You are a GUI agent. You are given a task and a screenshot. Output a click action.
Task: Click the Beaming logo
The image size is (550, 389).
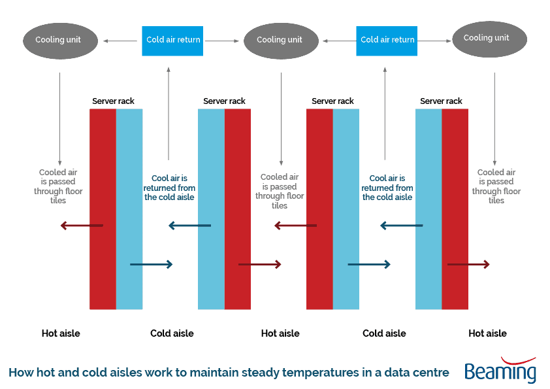click(500, 371)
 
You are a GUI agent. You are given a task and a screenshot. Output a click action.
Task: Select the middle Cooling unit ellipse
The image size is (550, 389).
click(280, 40)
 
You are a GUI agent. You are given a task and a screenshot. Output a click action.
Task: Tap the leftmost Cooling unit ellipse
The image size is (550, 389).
click(58, 40)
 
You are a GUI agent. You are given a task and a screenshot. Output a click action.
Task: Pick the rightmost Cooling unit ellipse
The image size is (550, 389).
click(489, 38)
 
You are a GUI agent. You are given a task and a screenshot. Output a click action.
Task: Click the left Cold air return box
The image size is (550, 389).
click(173, 40)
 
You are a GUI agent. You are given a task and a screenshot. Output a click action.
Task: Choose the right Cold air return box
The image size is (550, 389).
click(387, 40)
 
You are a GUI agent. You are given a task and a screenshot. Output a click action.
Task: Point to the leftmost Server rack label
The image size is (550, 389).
click(113, 101)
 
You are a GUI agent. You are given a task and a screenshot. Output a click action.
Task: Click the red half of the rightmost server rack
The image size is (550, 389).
click(455, 209)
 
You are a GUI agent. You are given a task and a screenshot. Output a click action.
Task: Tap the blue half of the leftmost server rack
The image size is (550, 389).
click(129, 209)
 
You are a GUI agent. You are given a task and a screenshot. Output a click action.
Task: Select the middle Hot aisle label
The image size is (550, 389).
click(280, 333)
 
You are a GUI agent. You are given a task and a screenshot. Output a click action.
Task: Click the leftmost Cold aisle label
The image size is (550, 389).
click(172, 333)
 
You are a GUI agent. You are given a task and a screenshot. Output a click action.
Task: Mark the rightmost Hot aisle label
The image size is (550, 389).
click(487, 333)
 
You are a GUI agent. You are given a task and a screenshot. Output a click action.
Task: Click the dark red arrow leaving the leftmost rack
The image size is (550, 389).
click(82, 226)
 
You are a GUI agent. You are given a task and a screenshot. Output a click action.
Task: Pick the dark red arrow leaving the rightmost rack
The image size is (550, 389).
click(468, 264)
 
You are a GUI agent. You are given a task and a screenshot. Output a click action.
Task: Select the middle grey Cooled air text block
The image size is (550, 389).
click(280, 191)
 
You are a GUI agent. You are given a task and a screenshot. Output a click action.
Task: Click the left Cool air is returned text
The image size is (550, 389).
click(169, 188)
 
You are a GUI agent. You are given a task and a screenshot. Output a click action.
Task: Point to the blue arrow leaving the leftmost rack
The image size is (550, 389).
click(151, 264)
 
